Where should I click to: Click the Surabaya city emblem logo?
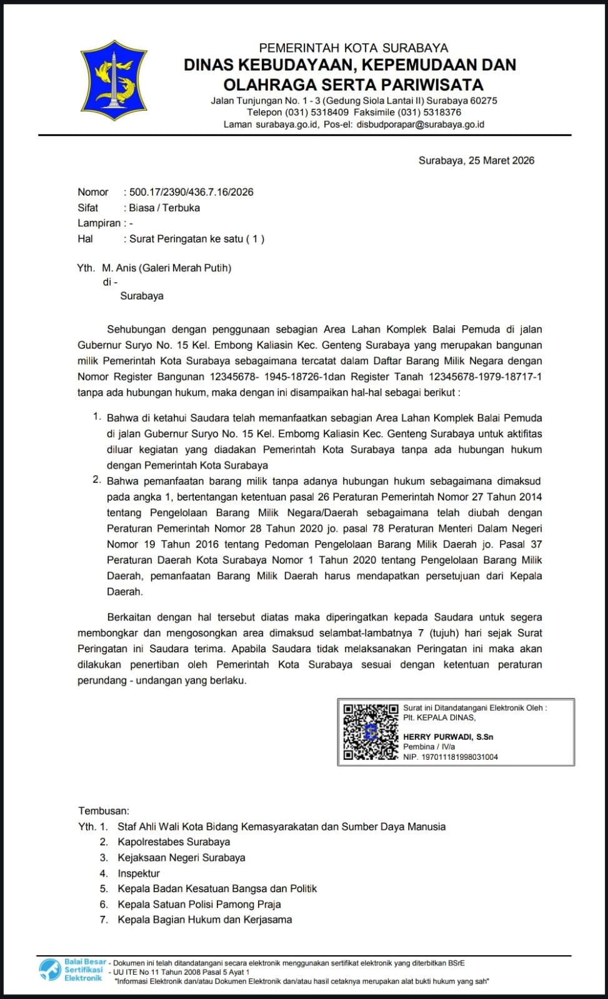[114, 81]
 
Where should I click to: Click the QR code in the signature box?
[370, 732]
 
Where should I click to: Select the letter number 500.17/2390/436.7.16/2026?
[191, 192]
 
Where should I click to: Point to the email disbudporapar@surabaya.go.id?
[420, 124]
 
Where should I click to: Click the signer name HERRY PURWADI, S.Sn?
[448, 737]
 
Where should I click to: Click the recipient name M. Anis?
[119, 268]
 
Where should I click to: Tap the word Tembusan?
[103, 811]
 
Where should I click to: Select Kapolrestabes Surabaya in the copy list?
[174, 842]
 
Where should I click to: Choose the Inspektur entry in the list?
[139, 873]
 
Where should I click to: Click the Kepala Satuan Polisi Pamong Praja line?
[199, 904]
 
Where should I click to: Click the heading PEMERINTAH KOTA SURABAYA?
[353, 48]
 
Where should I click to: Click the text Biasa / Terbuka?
[164, 208]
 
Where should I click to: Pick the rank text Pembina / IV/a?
[429, 747]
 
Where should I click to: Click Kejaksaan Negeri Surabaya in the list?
[181, 858]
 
